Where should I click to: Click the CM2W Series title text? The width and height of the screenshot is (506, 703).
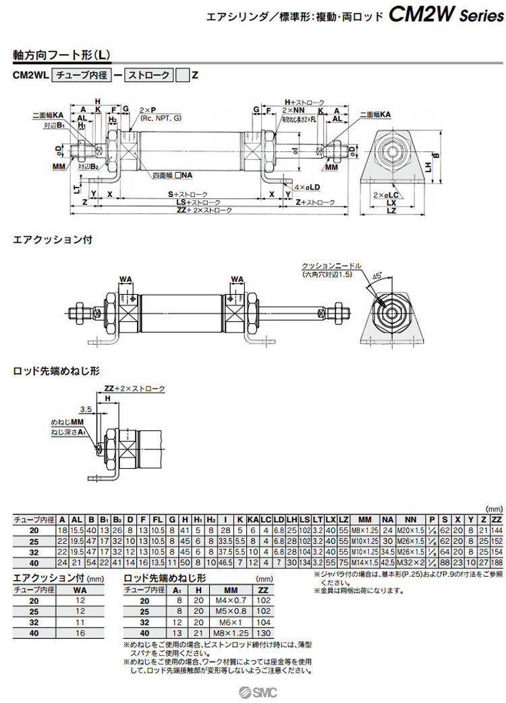point(446,15)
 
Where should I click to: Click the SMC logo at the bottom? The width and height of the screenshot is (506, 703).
point(260,691)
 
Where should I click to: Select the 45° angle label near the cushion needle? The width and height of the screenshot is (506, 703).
point(377,276)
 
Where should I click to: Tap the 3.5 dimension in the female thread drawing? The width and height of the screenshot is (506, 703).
point(85,409)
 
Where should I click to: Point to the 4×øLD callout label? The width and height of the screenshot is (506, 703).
point(308,187)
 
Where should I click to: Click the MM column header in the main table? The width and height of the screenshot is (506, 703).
point(365,519)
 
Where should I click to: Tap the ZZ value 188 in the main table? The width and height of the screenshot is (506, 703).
point(497,562)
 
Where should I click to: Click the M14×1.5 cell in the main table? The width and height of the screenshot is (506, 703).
point(365,562)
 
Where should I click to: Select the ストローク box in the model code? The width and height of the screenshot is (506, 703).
point(148,76)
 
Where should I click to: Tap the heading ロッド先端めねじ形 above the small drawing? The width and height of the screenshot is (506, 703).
point(57,370)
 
